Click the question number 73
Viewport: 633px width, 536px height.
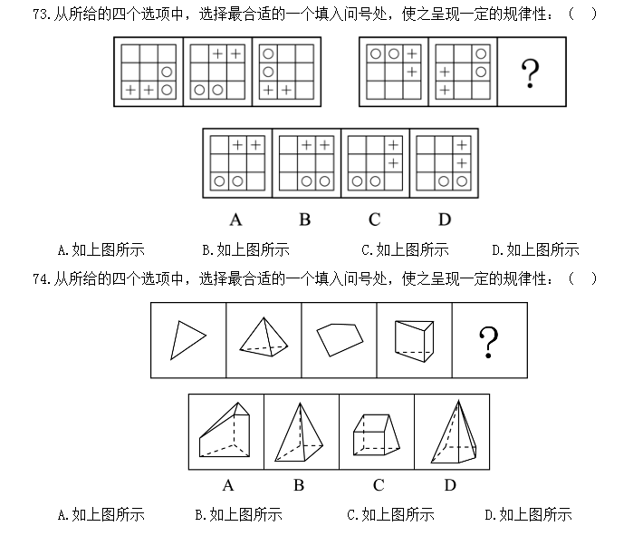click(41, 15)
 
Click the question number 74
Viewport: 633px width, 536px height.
click(41, 279)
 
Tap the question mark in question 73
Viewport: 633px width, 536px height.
click(530, 73)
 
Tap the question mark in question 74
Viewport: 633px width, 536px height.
click(488, 342)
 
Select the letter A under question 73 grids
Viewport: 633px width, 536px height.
click(235, 219)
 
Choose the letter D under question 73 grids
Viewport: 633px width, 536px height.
click(445, 219)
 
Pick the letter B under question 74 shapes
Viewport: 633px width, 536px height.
click(299, 485)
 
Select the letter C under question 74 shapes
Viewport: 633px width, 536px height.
click(379, 485)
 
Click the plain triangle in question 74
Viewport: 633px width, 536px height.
click(188, 340)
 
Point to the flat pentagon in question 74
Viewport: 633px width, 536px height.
click(340, 339)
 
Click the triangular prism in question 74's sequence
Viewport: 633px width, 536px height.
click(414, 341)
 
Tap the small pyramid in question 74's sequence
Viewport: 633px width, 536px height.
click(264, 336)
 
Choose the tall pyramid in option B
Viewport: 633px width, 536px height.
click(299, 432)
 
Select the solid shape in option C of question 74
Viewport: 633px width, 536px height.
click(376, 435)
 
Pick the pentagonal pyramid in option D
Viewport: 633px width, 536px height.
click(454, 432)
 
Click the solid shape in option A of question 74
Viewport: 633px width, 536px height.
click(225, 430)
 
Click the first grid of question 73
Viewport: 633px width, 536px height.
click(149, 72)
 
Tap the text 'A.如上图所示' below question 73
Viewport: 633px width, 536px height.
click(101, 250)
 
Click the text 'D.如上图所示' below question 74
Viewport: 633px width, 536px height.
click(529, 514)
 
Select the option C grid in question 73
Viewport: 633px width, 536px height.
click(375, 163)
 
